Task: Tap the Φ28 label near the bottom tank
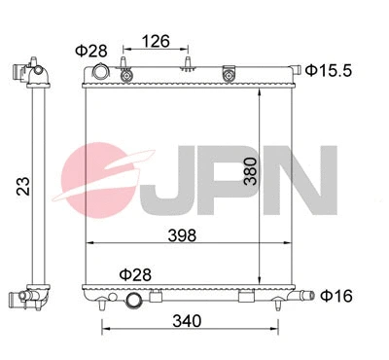coord(135,275)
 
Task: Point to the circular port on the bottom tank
coord(133,301)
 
